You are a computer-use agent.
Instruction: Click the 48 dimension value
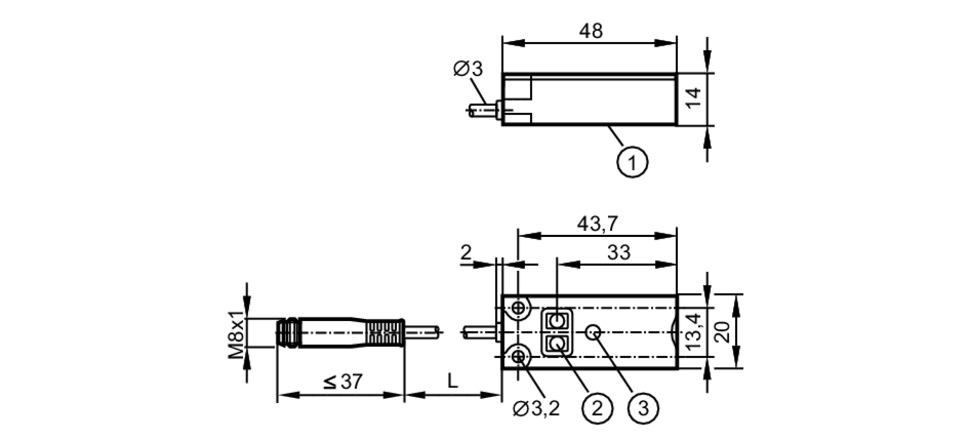coord(590,31)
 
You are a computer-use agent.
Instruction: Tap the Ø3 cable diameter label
coord(468,69)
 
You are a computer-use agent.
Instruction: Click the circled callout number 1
coord(632,163)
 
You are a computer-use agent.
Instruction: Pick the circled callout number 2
coord(597,408)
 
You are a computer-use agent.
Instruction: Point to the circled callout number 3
coord(643,408)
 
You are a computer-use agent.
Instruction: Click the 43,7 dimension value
coord(597,224)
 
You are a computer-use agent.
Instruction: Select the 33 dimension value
coord(618,252)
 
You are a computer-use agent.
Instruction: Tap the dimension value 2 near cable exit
coord(466,252)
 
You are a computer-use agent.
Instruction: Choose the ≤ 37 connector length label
coord(343,382)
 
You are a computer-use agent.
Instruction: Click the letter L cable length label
coord(452,382)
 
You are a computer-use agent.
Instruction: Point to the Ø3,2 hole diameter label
coord(536,409)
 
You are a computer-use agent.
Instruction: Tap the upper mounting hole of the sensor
coord(518,308)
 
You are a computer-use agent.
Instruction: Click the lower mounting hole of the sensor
coord(518,357)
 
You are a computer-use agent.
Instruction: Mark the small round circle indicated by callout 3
coord(593,332)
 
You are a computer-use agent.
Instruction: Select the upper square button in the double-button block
coord(557,320)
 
